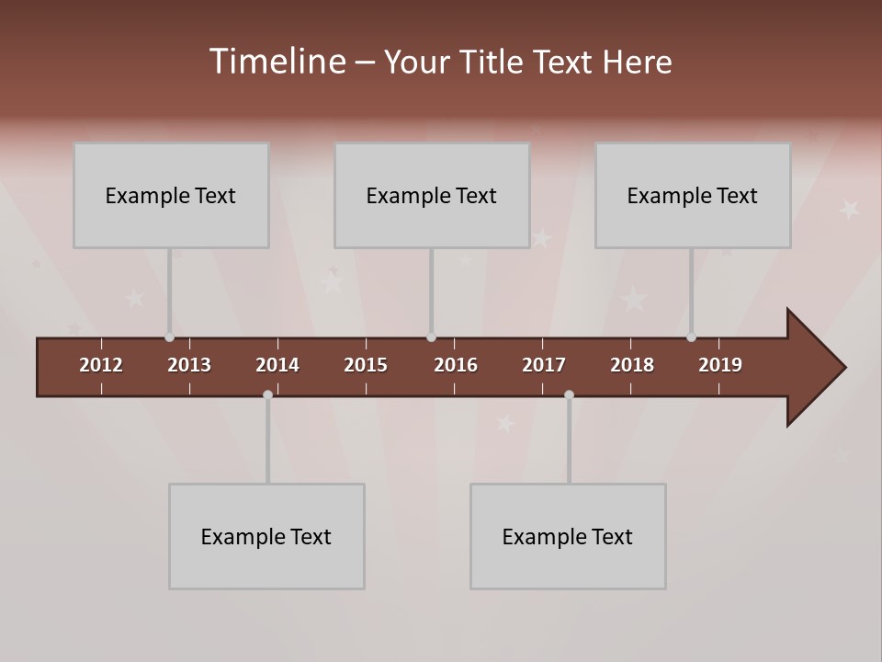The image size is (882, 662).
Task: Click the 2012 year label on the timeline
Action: click(x=101, y=365)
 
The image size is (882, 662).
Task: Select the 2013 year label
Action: click(x=189, y=365)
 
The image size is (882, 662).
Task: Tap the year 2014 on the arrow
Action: click(x=277, y=365)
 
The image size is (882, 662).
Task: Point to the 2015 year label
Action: click(x=366, y=365)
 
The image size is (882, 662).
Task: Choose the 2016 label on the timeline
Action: click(x=456, y=365)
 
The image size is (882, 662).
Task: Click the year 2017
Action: click(x=544, y=365)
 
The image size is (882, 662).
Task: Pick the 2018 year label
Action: click(x=632, y=365)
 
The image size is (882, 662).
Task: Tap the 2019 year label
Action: click(x=720, y=365)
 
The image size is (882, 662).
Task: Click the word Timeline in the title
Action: click(x=277, y=62)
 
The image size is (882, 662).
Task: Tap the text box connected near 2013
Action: click(x=171, y=195)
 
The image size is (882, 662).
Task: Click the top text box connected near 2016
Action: click(x=432, y=195)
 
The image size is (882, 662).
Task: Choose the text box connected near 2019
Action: click(x=693, y=195)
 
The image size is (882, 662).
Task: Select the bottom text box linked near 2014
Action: click(x=266, y=536)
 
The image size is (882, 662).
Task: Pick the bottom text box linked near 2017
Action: click(x=568, y=536)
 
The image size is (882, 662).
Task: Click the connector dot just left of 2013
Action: click(x=169, y=337)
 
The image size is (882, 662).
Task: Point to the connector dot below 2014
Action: click(x=267, y=394)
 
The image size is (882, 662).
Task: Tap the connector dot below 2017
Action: click(x=569, y=394)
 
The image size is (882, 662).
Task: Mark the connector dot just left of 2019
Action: click(x=691, y=337)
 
